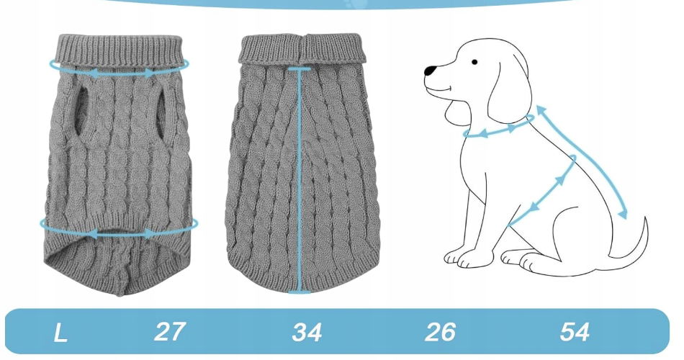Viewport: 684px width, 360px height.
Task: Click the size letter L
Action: pyautogui.click(x=60, y=333)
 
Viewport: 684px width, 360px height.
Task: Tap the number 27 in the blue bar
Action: pyautogui.click(x=170, y=332)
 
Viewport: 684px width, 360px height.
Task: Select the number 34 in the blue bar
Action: pyautogui.click(x=307, y=332)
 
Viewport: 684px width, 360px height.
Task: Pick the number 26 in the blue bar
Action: pyautogui.click(x=440, y=332)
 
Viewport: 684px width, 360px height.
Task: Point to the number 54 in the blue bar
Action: pyautogui.click(x=575, y=332)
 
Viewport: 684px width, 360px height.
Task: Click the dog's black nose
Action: pyautogui.click(x=431, y=71)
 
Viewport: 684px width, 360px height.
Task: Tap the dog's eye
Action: pyautogui.click(x=474, y=62)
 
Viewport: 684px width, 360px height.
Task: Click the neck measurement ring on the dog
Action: pyautogui.click(x=498, y=131)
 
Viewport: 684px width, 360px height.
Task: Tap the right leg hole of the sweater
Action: pyautogui.click(x=162, y=112)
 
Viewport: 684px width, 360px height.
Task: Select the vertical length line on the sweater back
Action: pyautogui.click(x=300, y=180)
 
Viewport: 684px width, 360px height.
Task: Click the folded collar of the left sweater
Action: pyautogui.click(x=120, y=51)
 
